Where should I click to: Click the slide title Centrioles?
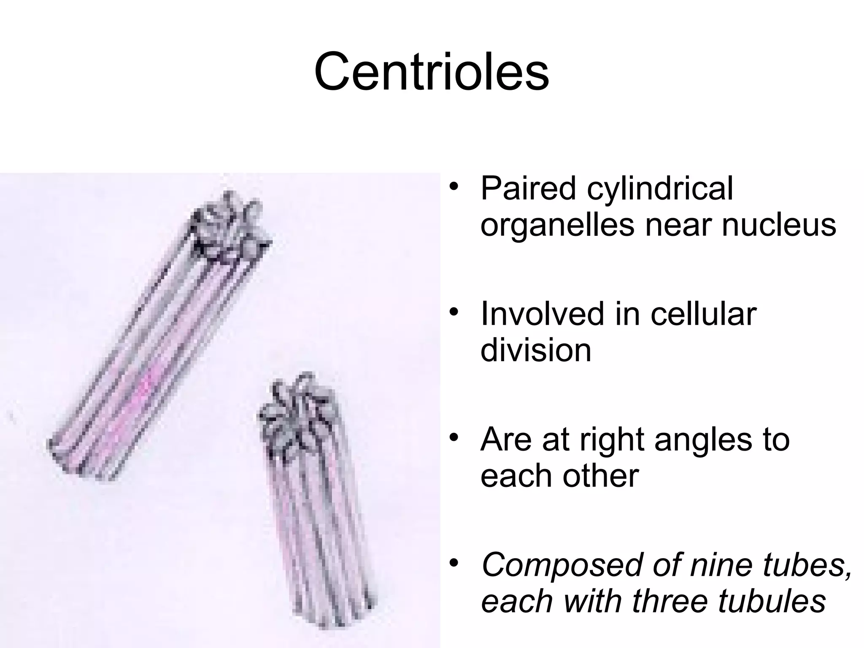[432, 71]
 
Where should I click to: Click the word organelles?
[557, 226]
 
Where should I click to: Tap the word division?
[536, 350]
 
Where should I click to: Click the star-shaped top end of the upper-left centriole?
[228, 228]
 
